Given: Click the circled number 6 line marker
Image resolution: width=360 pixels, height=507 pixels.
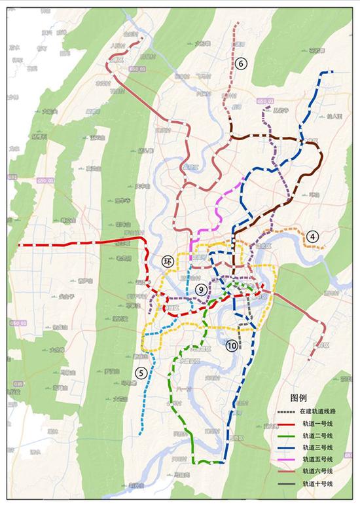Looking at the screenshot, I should point(241,64).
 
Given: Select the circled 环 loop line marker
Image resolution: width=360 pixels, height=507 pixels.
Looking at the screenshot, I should point(168,261).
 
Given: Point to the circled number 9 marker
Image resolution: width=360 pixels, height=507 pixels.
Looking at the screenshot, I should point(201,289).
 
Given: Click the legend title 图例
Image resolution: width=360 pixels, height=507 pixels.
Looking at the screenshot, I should point(298,398).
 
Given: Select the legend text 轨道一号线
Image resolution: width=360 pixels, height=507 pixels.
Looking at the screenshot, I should point(317,427).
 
